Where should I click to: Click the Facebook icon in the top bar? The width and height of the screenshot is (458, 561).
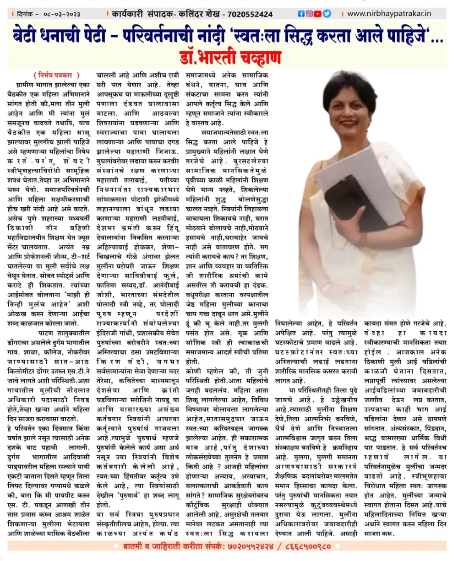pyautogui.click(x=301, y=14)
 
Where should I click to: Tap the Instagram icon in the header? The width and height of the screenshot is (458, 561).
pyautogui.click(x=309, y=14)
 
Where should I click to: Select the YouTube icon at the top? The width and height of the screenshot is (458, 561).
pyautogui.click(x=318, y=14)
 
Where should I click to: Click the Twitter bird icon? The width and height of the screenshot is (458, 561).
pyautogui.click(x=327, y=14)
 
